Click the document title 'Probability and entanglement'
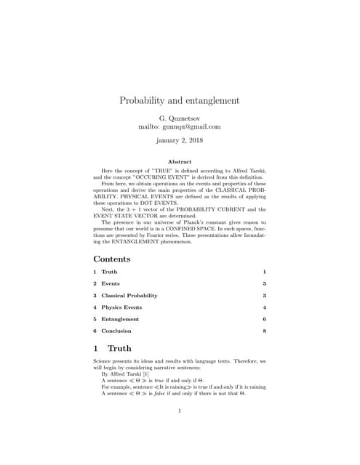180,100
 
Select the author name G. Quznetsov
180,117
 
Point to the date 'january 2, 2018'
180,140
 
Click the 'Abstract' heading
180,161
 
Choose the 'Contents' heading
112,259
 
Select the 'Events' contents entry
111,283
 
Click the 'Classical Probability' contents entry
129,296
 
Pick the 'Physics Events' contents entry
121,307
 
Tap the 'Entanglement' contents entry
120,319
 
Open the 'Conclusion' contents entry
116,331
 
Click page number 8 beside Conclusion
265,331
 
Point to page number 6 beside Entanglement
265,319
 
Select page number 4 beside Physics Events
265,307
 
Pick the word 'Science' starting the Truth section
104,361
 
